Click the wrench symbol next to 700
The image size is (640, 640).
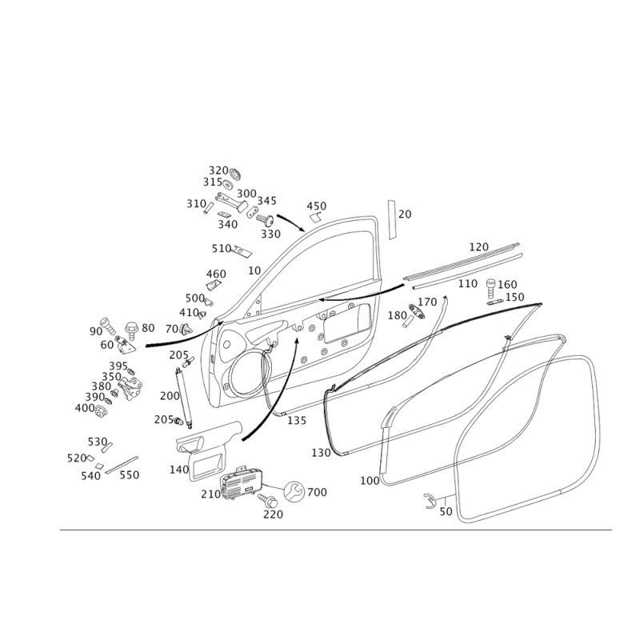294,491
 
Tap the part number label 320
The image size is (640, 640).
218,170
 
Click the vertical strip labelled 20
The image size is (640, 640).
392,219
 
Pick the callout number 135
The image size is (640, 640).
297,421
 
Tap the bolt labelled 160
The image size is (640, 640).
490,289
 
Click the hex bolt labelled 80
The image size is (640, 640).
132,330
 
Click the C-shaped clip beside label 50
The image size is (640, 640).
430,501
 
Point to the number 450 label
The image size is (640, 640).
316,206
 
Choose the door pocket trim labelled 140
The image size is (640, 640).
208,450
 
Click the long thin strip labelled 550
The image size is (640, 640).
122,465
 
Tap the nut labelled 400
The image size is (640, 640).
99,410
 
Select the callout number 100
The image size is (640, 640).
370,481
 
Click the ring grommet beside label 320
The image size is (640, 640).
235,174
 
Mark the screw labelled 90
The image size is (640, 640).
108,326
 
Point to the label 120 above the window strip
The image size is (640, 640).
478,247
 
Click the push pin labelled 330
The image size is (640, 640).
266,220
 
